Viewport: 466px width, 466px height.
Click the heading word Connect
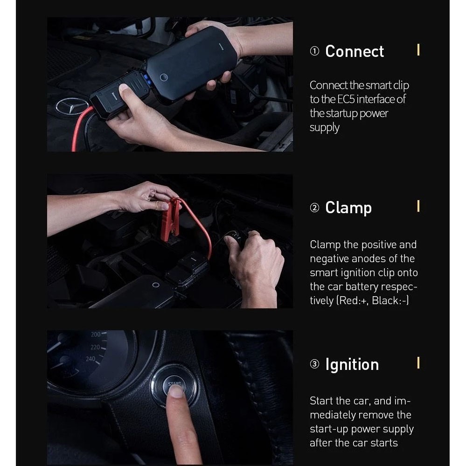(x=354, y=51)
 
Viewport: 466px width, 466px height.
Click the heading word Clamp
(x=348, y=208)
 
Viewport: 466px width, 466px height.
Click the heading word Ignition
(x=352, y=364)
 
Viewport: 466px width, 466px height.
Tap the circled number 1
(x=314, y=51)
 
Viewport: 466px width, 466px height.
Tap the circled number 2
(x=314, y=208)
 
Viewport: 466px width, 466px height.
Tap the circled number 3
(x=314, y=364)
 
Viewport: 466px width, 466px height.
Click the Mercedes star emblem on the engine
(x=72, y=106)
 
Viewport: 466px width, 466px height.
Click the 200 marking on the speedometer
(x=96, y=334)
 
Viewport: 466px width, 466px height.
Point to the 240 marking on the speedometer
(x=90, y=359)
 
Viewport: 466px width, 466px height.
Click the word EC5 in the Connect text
(x=346, y=99)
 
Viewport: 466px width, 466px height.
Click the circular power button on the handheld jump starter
(x=164, y=77)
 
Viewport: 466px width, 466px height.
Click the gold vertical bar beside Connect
(x=418, y=49)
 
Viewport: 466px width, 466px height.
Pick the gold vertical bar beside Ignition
(x=418, y=362)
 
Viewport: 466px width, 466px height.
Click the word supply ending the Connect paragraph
(x=325, y=128)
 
